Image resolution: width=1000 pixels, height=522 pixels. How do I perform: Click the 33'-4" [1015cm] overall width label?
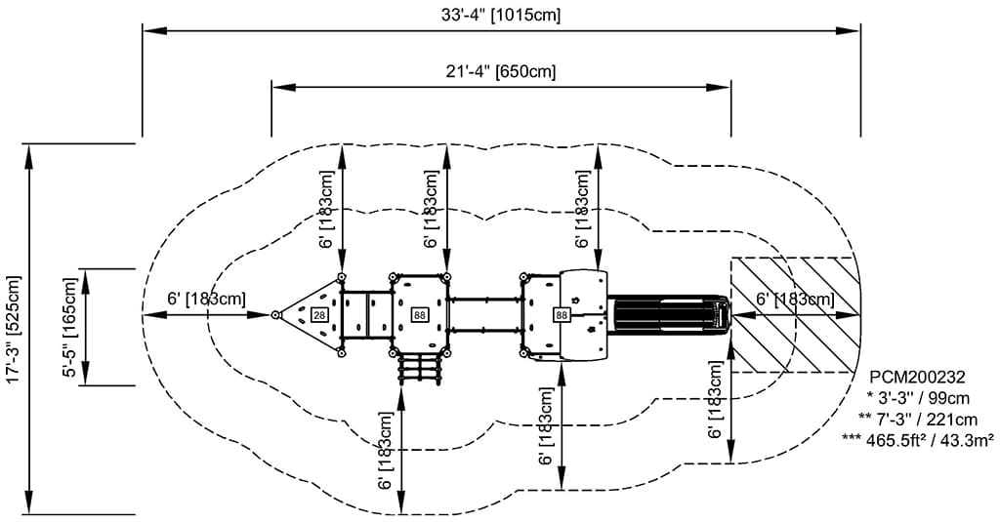(x=501, y=15)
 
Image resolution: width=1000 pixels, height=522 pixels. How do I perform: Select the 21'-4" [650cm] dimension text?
(x=501, y=71)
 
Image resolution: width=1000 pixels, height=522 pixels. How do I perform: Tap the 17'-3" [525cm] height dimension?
(x=14, y=329)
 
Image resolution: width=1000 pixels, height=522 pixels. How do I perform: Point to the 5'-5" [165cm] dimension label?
(x=70, y=326)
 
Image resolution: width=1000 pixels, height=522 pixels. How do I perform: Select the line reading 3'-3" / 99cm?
(x=918, y=399)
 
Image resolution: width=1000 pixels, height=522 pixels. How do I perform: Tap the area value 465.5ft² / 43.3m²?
(x=918, y=439)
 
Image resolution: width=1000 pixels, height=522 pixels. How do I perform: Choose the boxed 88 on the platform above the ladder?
(x=419, y=315)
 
